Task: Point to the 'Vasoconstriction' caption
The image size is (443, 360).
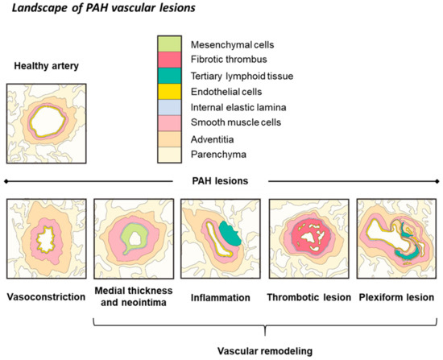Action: coord(46,297)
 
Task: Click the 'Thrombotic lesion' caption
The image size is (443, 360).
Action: coord(310,297)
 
